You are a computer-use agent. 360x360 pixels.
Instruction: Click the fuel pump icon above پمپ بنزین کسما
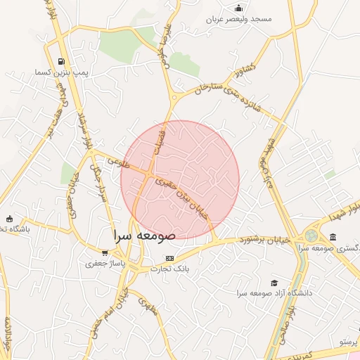pyautogui.click(x=62, y=61)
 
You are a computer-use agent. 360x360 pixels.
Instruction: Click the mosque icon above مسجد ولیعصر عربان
pyautogui.click(x=239, y=8)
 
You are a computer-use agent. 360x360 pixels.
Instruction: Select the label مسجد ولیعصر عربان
pyautogui.click(x=238, y=19)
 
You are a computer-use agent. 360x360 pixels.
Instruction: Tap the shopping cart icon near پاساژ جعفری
pyautogui.click(x=105, y=253)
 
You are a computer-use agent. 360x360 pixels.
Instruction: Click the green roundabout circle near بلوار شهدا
pyautogui.click(x=311, y=236)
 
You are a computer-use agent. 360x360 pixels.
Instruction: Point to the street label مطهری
pyautogui.click(x=146, y=306)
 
